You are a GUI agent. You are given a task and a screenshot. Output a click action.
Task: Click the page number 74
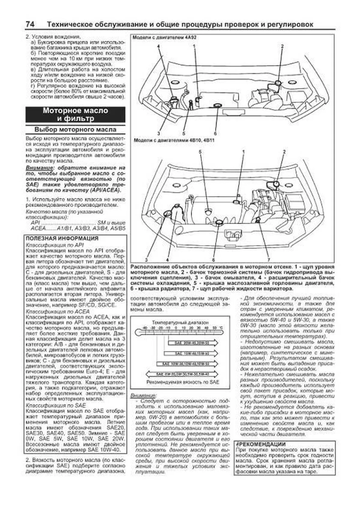30,24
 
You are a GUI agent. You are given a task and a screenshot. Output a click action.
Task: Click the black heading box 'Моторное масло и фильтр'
75,115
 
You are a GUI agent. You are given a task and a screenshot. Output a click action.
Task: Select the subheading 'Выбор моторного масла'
75,130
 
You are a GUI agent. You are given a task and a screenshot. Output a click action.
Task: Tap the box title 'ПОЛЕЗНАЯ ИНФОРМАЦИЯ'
62,238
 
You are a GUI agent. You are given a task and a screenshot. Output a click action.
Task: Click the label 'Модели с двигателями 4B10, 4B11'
174,140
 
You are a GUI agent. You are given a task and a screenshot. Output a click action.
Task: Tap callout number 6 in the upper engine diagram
215,133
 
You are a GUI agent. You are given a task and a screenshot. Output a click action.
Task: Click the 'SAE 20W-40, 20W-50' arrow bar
192,343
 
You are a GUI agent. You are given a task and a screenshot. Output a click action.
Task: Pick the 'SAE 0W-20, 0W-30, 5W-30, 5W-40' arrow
182,374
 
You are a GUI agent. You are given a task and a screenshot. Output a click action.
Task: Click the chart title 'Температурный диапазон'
180,322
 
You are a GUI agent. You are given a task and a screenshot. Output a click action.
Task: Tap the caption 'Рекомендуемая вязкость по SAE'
183,382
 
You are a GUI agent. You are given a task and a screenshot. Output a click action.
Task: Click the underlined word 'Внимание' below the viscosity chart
143,396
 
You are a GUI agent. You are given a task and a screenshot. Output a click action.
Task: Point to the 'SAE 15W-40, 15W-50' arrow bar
190,354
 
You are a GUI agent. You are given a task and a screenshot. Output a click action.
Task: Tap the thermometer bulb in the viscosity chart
139,332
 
